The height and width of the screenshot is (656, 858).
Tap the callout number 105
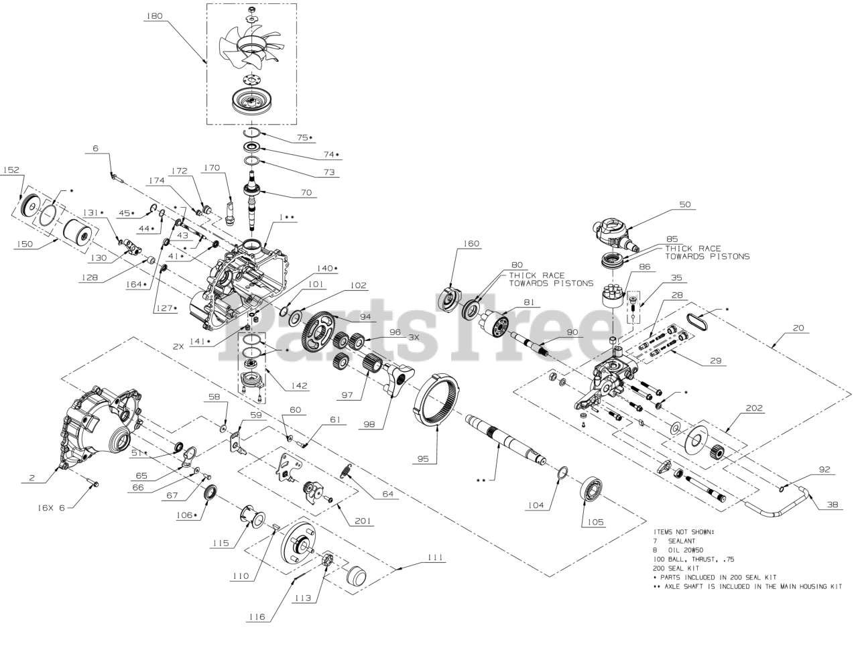click(595, 521)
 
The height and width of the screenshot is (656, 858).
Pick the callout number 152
click(11, 170)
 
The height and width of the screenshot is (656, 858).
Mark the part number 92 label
click(824, 470)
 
